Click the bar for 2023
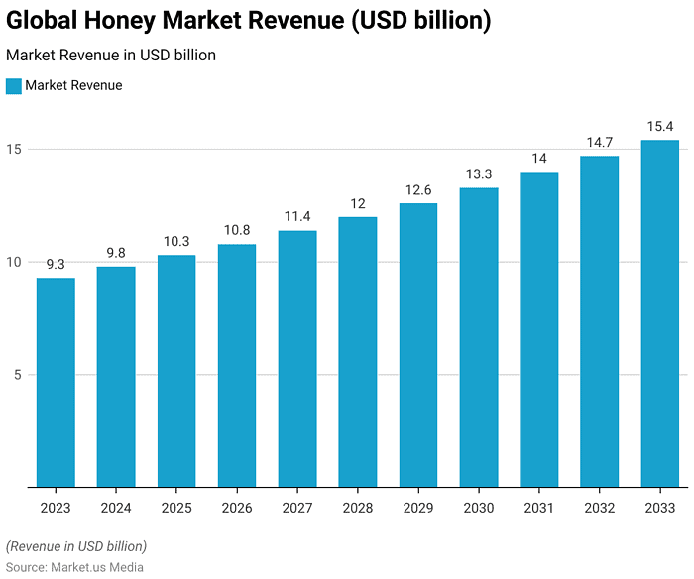[56, 382]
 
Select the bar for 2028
[358, 352]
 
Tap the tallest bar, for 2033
[659, 313]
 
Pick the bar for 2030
[479, 337]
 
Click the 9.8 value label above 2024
[116, 253]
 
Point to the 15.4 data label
[659, 126]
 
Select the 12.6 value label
[418, 189]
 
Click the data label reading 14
[539, 158]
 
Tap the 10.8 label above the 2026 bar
[237, 230]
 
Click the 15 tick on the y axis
[15, 150]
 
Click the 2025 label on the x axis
[176, 508]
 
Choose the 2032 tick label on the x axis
[599, 508]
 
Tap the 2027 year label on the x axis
[297, 508]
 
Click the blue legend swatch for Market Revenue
[14, 86]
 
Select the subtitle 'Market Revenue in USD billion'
[111, 56]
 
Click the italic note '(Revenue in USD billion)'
[76, 546]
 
